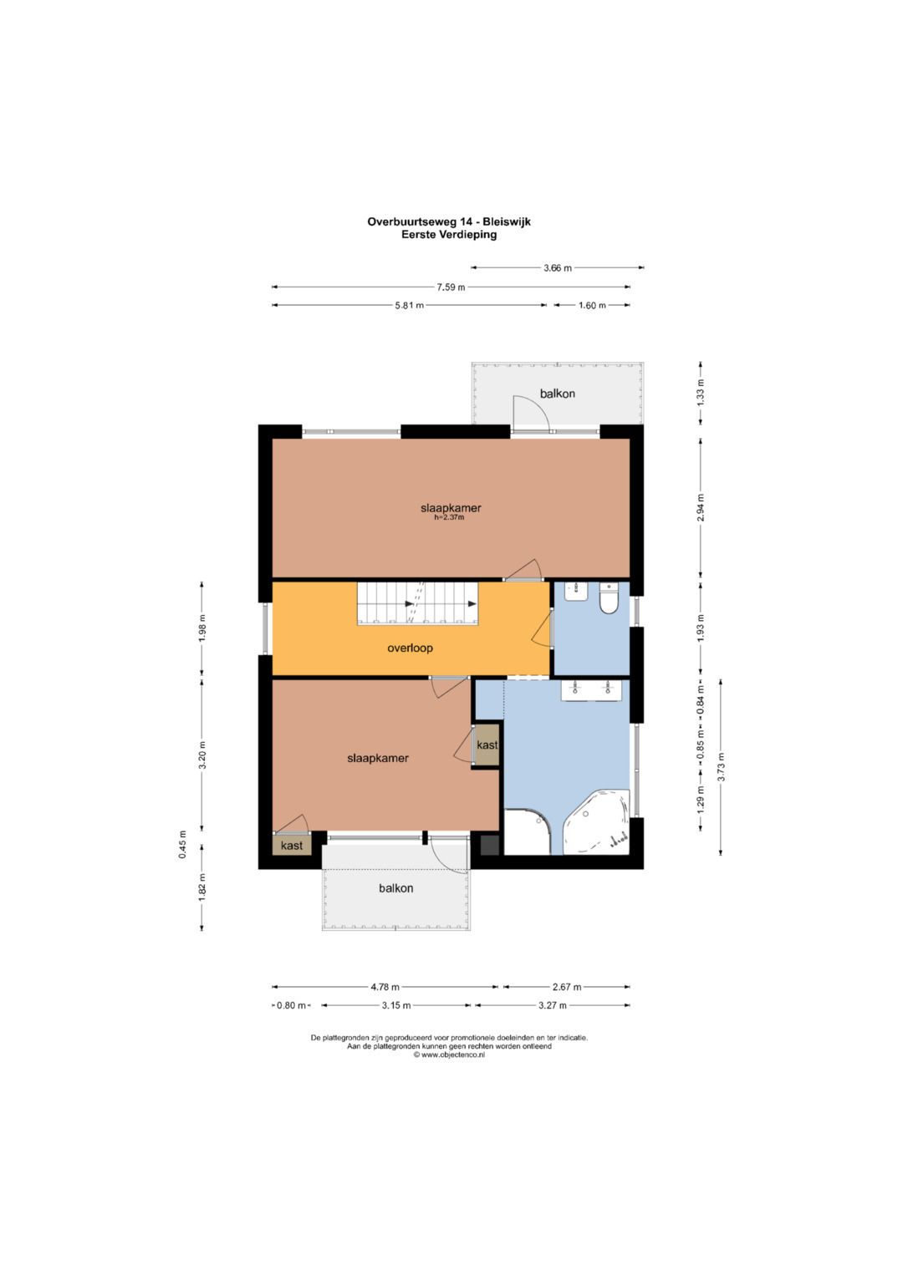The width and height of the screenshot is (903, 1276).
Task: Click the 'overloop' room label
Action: coord(410,648)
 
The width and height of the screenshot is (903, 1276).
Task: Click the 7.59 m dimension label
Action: coord(451,287)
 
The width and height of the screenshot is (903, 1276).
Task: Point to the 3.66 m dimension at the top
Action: coord(557,267)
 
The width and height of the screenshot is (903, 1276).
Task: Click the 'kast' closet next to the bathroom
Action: coord(487,745)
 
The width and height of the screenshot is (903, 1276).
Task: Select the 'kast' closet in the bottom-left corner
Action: coord(292,846)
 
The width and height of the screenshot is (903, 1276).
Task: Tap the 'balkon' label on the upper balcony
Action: coord(557,394)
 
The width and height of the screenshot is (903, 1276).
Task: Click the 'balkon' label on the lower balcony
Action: coord(395,888)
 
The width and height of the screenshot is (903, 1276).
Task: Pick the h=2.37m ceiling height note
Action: coord(451,518)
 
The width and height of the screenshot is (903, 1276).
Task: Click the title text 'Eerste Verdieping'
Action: coord(448,234)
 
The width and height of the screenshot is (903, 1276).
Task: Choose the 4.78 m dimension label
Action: coord(385,987)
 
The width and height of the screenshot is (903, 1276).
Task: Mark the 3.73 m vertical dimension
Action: coord(721,767)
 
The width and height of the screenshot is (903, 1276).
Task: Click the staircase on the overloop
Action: coord(417,603)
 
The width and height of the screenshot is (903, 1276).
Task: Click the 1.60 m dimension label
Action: coord(592,305)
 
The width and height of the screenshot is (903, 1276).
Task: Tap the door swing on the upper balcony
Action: coord(531,414)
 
